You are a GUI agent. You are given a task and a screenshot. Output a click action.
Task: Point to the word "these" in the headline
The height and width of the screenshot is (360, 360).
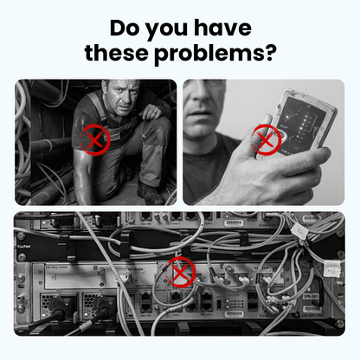tap(119, 55)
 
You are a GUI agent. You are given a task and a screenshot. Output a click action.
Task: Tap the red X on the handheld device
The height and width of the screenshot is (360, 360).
tap(267, 138)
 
